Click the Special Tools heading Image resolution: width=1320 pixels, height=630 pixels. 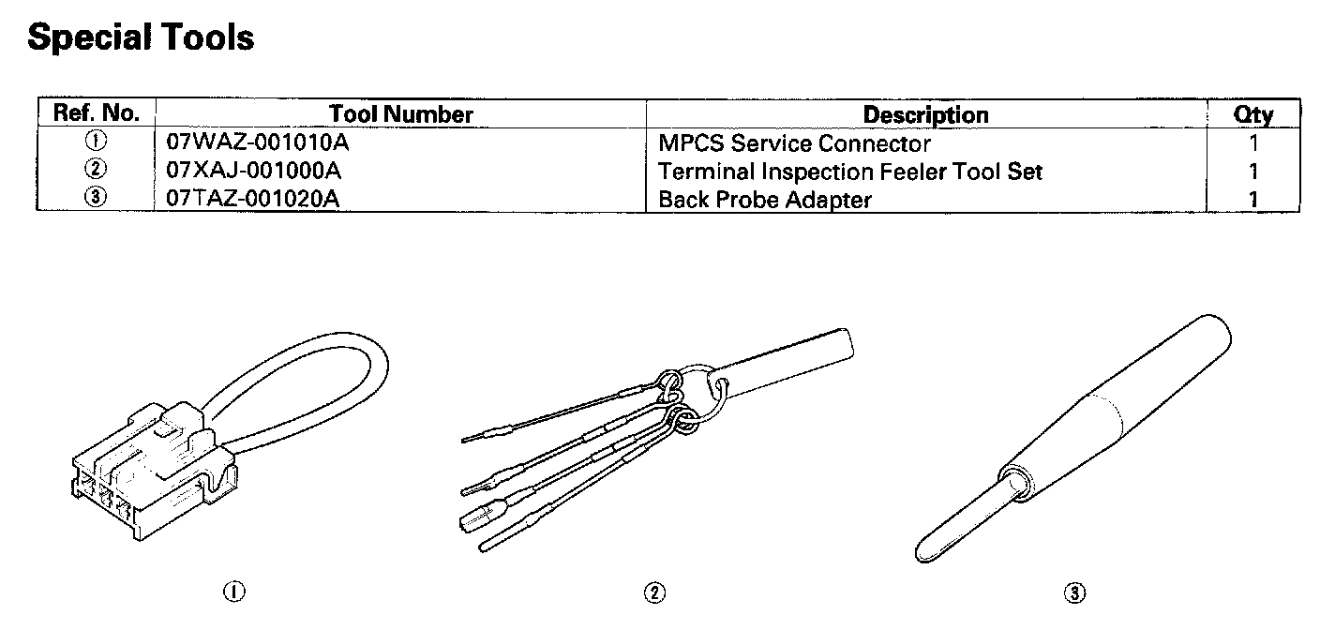141,37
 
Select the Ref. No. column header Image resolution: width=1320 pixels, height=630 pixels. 97,114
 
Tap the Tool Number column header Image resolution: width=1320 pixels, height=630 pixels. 401,114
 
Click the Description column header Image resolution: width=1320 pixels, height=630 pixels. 925,114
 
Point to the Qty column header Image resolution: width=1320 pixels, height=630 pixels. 1253,114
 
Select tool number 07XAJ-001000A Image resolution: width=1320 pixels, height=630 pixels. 252,172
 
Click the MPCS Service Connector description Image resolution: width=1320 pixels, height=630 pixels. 794,143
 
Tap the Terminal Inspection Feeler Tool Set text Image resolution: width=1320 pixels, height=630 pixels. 850,172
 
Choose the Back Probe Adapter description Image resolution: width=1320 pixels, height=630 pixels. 765,200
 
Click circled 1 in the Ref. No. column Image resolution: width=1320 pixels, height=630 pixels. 96,142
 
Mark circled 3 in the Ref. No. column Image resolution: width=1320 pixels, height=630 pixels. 96,199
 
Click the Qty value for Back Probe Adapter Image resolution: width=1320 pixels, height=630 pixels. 1253,199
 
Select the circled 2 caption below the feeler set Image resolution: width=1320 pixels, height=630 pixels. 655,592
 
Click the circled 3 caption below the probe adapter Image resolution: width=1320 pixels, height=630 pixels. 1074,592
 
